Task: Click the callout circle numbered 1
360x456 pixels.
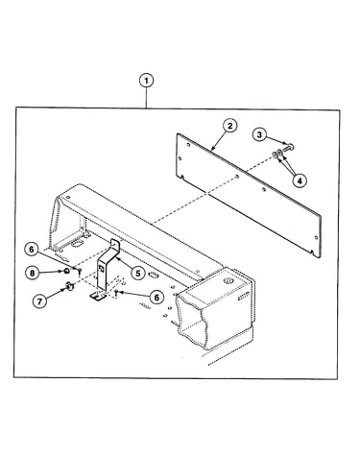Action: pos(146,81)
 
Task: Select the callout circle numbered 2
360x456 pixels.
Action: pos(229,126)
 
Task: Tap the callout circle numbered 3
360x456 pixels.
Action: pos(259,134)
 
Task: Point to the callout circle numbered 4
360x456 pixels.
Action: pos(300,180)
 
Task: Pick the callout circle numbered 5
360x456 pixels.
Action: pos(138,273)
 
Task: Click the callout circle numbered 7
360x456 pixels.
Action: pos(39,301)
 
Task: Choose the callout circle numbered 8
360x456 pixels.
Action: pos(32,273)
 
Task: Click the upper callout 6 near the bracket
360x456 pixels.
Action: pos(32,250)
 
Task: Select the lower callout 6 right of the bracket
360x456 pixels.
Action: pos(156,298)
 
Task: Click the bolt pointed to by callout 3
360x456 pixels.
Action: pos(288,148)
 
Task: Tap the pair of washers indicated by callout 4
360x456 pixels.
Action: pos(277,155)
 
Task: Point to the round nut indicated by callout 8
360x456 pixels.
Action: pos(67,272)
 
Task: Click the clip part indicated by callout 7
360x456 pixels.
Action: pos(69,285)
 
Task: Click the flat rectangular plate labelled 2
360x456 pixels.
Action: pos(249,195)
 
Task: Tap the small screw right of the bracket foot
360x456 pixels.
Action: pos(116,293)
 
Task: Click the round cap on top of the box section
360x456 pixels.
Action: pos(228,281)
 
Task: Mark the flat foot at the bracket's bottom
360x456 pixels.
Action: pos(98,297)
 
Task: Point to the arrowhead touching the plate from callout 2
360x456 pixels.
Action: pos(212,148)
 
